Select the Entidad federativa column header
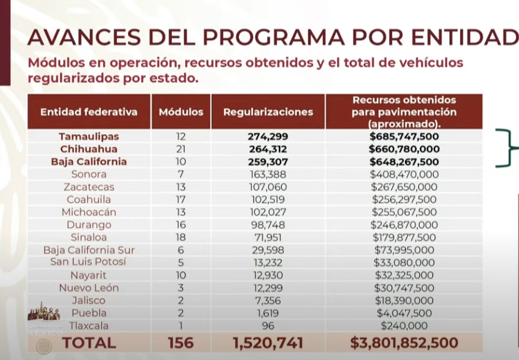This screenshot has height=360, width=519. [x=89, y=111]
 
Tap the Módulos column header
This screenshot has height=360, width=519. [x=181, y=111]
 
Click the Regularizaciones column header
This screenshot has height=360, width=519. [x=268, y=111]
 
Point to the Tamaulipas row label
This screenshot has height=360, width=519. [x=89, y=136]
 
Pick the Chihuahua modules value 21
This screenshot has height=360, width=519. [x=181, y=149]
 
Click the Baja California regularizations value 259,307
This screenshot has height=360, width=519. [x=268, y=162]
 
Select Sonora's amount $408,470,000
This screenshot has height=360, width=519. [x=404, y=174]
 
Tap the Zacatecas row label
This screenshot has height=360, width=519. [x=89, y=187]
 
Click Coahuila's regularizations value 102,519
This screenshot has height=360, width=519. [x=268, y=200]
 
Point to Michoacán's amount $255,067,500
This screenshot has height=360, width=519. [x=404, y=212]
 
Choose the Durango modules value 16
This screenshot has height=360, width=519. [x=181, y=225]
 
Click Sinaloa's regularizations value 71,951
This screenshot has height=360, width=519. [x=268, y=237]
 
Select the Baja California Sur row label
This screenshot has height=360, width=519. [x=89, y=250]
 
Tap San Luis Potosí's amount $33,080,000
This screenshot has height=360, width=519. [x=404, y=262]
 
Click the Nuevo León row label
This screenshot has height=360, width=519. [x=89, y=288]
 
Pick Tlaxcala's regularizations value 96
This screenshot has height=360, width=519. [x=268, y=325]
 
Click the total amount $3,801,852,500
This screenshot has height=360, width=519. [x=404, y=343]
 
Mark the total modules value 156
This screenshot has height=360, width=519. [x=181, y=343]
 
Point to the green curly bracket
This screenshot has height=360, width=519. [x=508, y=148]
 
